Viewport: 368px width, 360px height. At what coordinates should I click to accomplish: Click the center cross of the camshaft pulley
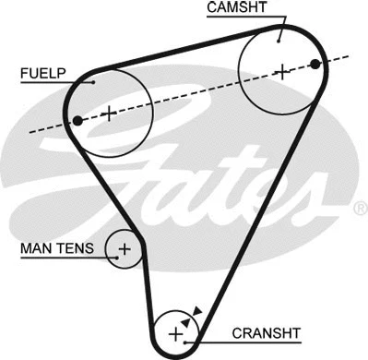coord(282,69)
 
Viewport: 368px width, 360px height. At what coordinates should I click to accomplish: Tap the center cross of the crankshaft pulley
coord(175,334)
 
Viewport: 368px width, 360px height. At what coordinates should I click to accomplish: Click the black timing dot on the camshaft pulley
coord(316,63)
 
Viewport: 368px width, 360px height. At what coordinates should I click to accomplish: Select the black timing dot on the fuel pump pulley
coord(78,120)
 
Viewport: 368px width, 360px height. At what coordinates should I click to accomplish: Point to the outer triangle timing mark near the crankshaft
coord(196,312)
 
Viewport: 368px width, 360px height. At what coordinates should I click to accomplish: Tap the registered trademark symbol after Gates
coord(360,210)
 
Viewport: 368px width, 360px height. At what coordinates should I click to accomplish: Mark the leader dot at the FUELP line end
coord(93,81)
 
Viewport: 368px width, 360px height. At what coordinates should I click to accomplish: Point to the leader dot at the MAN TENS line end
coord(110,247)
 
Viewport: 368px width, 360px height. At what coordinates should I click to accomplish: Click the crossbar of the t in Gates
coord(242,169)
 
